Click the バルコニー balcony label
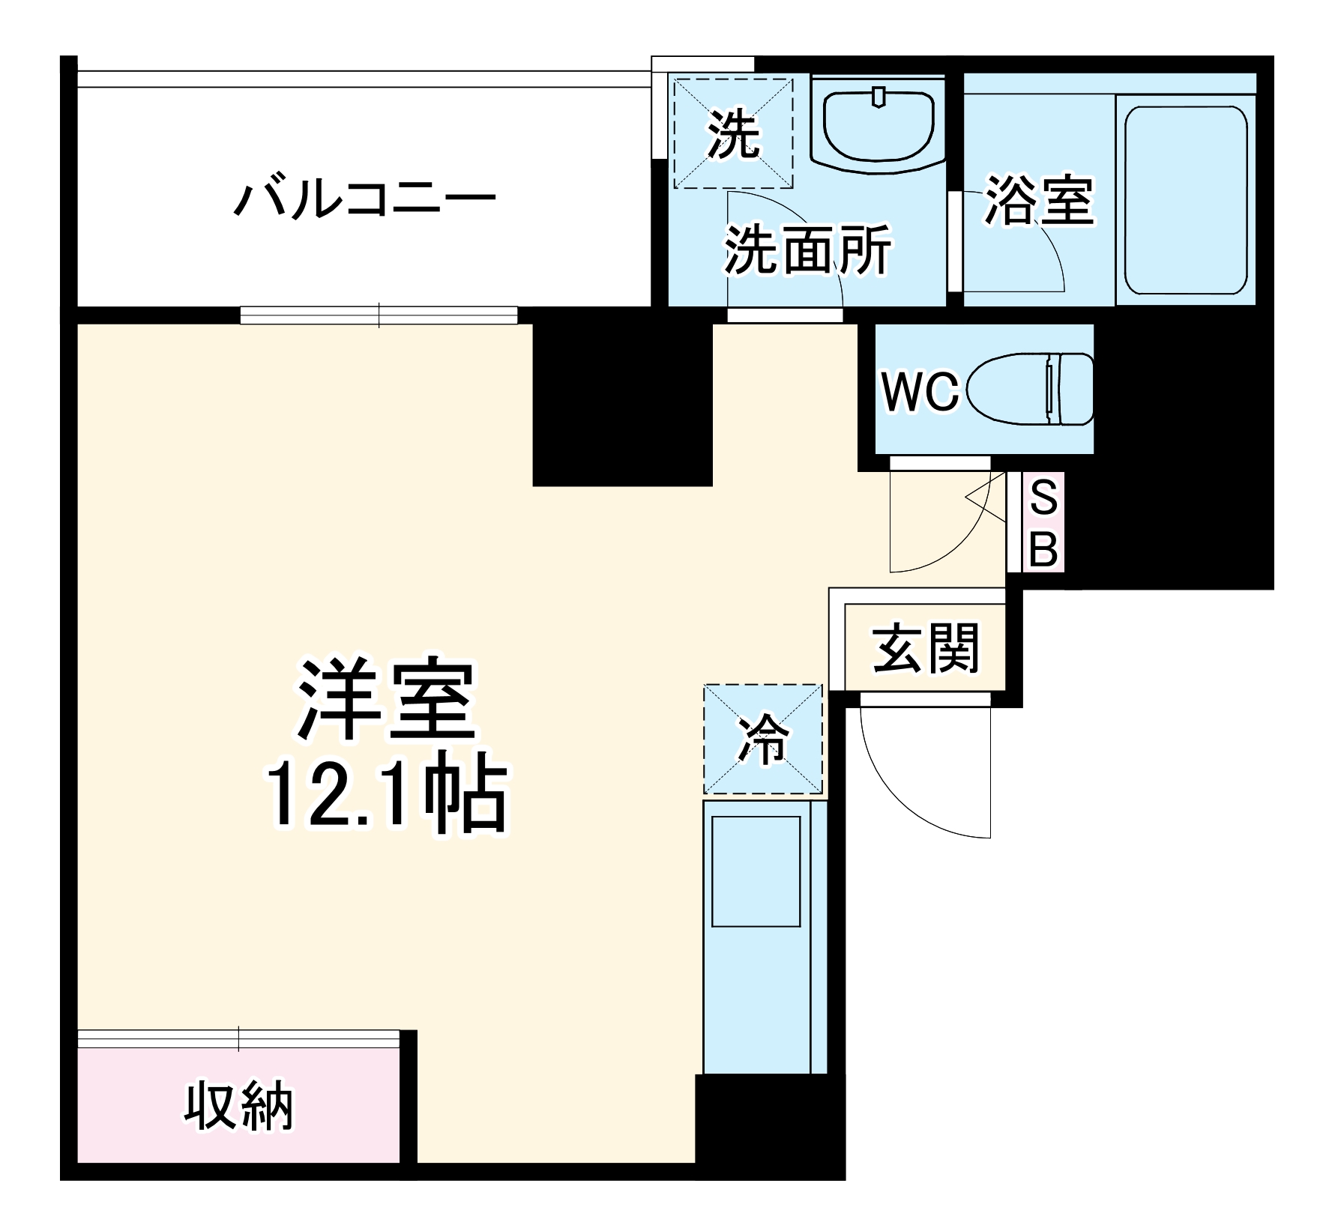[365, 199]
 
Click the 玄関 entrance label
[926, 649]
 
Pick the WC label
[920, 390]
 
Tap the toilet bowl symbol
[1031, 390]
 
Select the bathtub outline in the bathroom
[1185, 201]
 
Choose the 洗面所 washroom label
[807, 249]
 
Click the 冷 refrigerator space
[762, 739]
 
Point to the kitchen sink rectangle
[756, 871]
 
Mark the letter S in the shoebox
[1043, 497]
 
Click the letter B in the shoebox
[1043, 548]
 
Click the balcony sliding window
[379, 315]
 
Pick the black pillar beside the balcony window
[622, 405]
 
